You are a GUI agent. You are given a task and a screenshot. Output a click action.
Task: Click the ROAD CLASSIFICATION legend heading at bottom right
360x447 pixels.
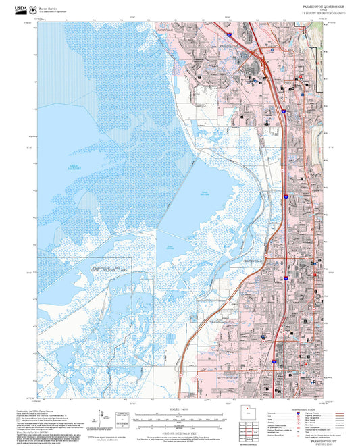point(300,407)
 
